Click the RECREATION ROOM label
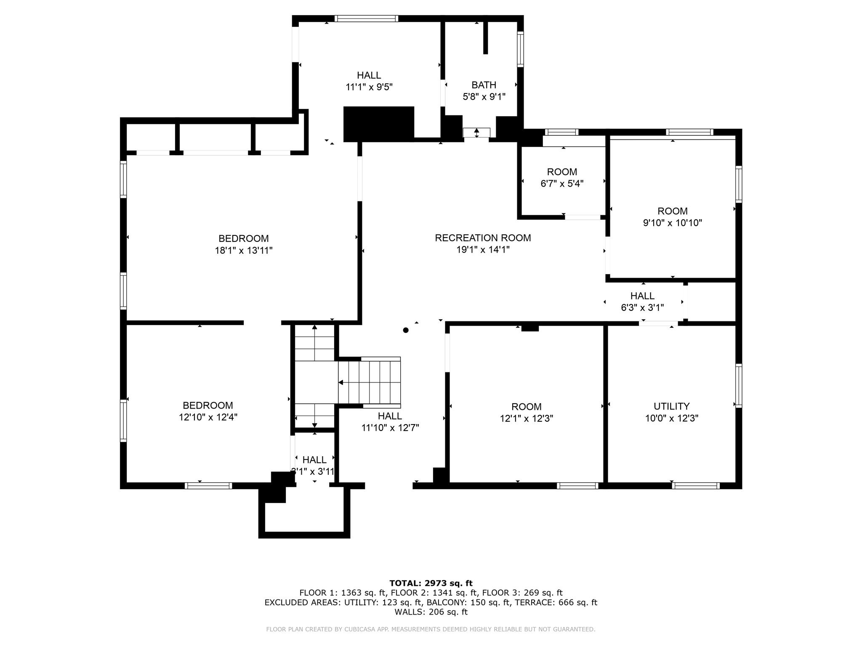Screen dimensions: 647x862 click(x=483, y=238)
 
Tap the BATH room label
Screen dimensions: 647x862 click(x=484, y=85)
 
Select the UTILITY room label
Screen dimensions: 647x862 click(x=671, y=406)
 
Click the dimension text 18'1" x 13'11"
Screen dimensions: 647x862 click(x=244, y=251)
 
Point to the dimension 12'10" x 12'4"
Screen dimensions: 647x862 click(x=208, y=417)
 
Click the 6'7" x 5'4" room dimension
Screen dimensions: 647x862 click(x=562, y=184)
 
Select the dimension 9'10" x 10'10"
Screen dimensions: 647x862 click(x=672, y=223)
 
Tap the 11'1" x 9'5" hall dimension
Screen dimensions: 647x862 click(x=369, y=87)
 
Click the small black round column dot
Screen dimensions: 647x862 click(x=406, y=330)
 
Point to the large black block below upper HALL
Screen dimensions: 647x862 click(x=379, y=123)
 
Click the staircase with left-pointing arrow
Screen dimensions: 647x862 click(x=369, y=382)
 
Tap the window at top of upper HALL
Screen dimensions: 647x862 click(x=366, y=19)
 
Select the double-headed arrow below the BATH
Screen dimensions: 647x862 click(x=476, y=133)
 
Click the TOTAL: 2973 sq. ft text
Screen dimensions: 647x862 click(x=431, y=583)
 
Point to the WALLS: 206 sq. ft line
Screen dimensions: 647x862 click(x=431, y=612)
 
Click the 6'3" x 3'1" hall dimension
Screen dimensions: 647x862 click(x=642, y=308)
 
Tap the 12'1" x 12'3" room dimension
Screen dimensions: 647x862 click(x=526, y=419)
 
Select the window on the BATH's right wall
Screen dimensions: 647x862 click(x=521, y=49)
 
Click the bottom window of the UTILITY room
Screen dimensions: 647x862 click(x=695, y=486)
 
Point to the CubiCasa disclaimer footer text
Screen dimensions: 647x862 click(x=431, y=629)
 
